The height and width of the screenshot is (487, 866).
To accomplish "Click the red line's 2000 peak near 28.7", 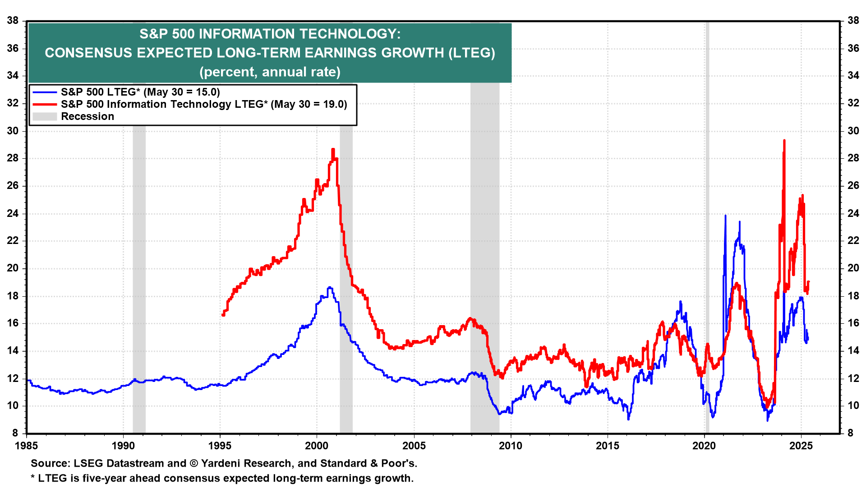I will click(x=333, y=149).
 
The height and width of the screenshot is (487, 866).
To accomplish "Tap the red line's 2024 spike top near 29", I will click(x=784, y=141).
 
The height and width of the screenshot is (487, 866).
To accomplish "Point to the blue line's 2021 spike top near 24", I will click(x=725, y=216).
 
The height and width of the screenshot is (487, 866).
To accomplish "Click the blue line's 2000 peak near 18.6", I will click(x=330, y=287).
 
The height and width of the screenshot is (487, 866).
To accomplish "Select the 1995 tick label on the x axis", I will click(x=220, y=446).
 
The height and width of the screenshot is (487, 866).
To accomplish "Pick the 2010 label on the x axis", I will click(x=511, y=446).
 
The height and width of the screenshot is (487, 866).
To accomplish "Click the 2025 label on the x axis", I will click(x=801, y=446).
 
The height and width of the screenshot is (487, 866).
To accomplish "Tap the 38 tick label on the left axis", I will click(x=13, y=20).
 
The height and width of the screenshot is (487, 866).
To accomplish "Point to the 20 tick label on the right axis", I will click(x=853, y=268).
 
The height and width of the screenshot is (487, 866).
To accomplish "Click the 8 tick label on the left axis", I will click(x=15, y=433).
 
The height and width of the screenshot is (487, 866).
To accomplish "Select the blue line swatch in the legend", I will click(x=45, y=92).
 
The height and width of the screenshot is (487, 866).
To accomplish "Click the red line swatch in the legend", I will click(x=45, y=104).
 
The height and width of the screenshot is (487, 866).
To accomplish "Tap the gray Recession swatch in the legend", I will click(x=45, y=116).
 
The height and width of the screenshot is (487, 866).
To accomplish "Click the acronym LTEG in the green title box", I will click(x=471, y=53).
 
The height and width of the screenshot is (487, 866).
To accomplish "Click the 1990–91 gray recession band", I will click(x=139, y=280).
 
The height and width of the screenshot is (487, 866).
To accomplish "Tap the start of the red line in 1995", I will click(x=223, y=315).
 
